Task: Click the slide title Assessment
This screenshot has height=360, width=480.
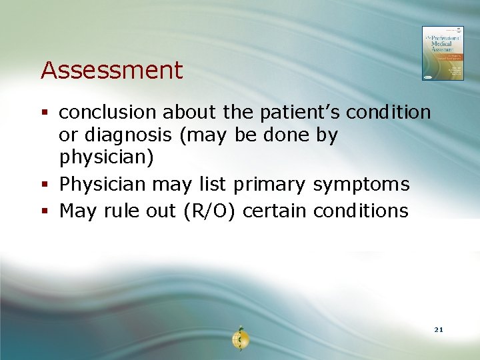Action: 111,70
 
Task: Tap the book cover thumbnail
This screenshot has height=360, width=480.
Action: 443,53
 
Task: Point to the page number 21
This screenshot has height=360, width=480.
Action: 438,330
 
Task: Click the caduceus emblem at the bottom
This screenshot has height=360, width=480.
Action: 240,339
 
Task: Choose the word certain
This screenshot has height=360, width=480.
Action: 274,211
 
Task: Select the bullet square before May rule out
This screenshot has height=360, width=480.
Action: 45,211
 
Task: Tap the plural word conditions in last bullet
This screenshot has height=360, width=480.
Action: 360,211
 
